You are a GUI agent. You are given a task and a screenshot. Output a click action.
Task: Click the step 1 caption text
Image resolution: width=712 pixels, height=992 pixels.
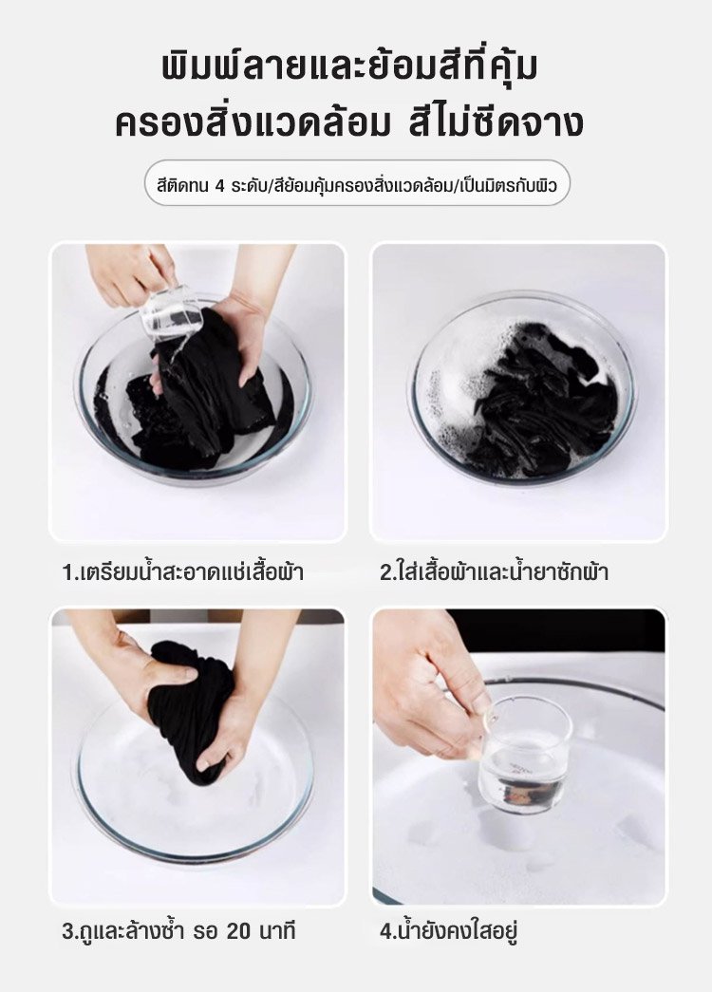[183, 571]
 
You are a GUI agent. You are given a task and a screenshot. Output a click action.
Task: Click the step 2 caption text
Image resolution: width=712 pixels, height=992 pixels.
[495, 571]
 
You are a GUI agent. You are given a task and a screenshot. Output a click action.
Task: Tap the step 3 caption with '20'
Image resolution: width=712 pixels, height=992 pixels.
[179, 931]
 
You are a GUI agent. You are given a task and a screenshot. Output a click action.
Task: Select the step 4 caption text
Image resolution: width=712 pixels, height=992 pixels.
[449, 931]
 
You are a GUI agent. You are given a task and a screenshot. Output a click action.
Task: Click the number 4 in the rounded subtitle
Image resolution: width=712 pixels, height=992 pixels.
[220, 187]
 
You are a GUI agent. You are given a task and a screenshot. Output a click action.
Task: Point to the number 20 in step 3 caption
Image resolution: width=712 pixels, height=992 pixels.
[239, 932]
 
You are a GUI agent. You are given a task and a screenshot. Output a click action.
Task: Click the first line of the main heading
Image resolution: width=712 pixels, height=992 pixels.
[350, 67]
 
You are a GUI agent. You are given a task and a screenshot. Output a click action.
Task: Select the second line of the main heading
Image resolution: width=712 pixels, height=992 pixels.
[348, 122]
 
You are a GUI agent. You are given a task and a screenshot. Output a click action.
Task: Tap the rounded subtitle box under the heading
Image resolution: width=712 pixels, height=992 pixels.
[357, 183]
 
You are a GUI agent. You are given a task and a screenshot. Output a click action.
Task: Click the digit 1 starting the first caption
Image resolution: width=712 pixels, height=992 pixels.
[67, 572]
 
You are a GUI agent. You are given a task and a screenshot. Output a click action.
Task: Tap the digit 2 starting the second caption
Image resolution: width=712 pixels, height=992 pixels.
[385, 572]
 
